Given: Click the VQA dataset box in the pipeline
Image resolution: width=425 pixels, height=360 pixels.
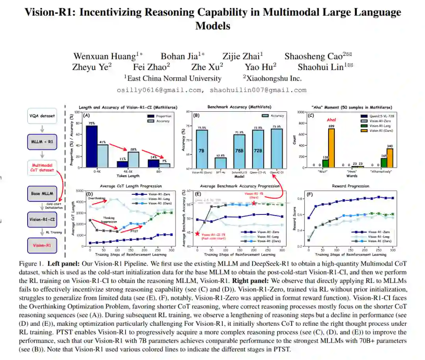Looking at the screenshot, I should pos(42,116).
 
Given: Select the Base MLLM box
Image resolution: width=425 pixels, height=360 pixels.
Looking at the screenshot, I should pos(42,193).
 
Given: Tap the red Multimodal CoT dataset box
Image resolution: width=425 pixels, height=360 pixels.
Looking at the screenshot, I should pos(42,168).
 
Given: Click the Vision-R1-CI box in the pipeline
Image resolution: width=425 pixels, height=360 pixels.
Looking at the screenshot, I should pos(42,219).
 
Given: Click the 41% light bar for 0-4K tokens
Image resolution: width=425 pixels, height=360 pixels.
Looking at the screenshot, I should pos(103,156).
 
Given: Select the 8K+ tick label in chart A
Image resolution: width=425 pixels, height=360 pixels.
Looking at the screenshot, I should pos(159,172).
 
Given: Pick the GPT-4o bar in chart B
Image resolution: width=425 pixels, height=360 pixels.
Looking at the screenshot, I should pos(220,162).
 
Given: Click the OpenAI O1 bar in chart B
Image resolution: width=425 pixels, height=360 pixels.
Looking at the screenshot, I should pos(277,148).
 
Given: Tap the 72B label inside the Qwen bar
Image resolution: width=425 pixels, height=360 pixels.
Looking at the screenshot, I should pos(258,151).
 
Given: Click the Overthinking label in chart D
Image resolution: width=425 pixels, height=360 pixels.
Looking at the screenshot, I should pos(97,198).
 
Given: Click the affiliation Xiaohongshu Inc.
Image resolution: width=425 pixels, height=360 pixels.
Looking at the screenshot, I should pos(272,78).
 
